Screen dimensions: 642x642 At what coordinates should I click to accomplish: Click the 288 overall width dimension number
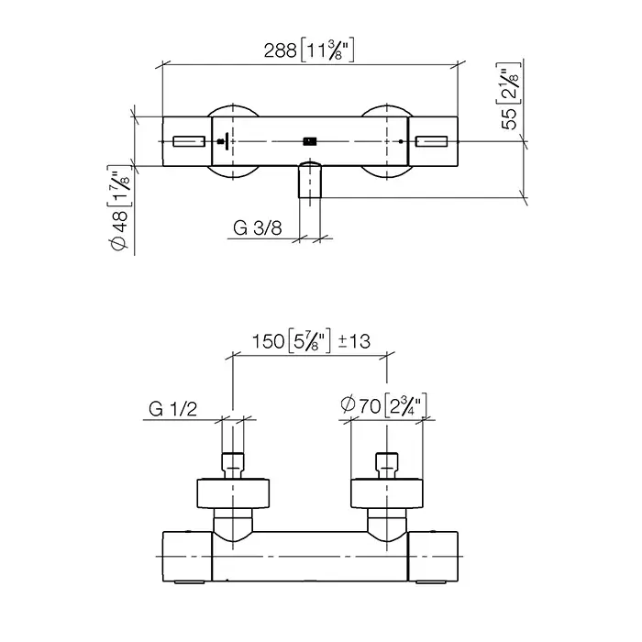tap(280, 50)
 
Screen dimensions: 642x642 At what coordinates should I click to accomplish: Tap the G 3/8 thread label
tap(258, 228)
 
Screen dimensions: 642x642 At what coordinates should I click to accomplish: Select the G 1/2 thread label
tap(172, 409)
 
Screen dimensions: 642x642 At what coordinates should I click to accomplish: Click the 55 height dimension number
tap(510, 119)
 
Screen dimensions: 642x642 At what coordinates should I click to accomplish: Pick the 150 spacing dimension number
tap(268, 341)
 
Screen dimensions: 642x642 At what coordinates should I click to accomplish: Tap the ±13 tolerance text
tap(354, 341)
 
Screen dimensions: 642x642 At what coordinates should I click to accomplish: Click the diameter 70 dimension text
tap(360, 405)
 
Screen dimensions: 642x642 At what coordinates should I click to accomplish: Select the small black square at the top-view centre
tap(310, 141)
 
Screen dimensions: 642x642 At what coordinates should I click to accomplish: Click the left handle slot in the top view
tap(189, 141)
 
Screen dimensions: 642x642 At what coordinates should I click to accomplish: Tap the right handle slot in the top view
tap(432, 141)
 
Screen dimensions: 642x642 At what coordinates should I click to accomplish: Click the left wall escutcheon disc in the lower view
tap(233, 493)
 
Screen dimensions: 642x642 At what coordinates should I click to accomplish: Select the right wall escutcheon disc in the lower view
tap(387, 493)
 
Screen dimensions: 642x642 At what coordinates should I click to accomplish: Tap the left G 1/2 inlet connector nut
tap(233, 466)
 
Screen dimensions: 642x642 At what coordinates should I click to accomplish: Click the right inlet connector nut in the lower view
tap(387, 466)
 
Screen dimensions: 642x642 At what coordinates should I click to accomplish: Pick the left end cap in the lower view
tap(187, 556)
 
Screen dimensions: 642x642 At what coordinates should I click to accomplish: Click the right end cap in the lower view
tap(433, 556)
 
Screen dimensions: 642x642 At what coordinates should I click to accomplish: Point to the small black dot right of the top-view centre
tap(401, 141)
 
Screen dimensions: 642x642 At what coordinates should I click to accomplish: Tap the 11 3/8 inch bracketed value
tap(327, 50)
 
